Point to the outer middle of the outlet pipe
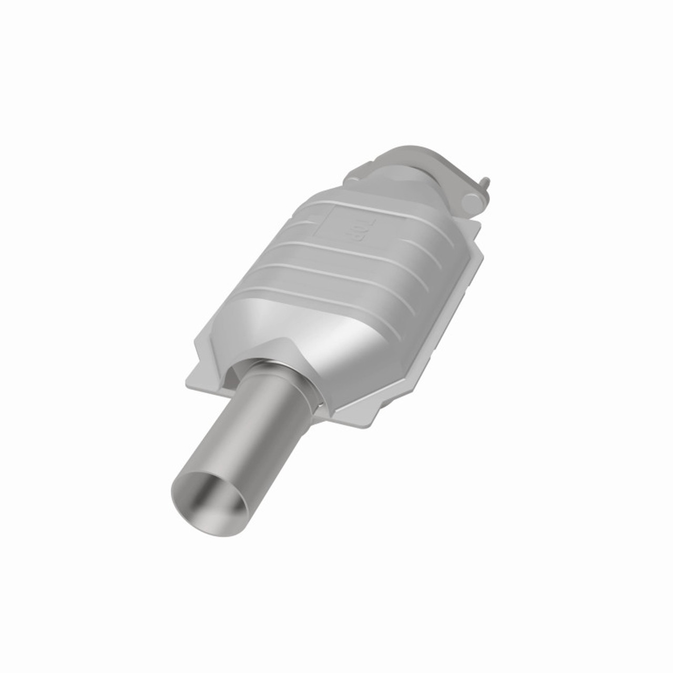247,431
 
